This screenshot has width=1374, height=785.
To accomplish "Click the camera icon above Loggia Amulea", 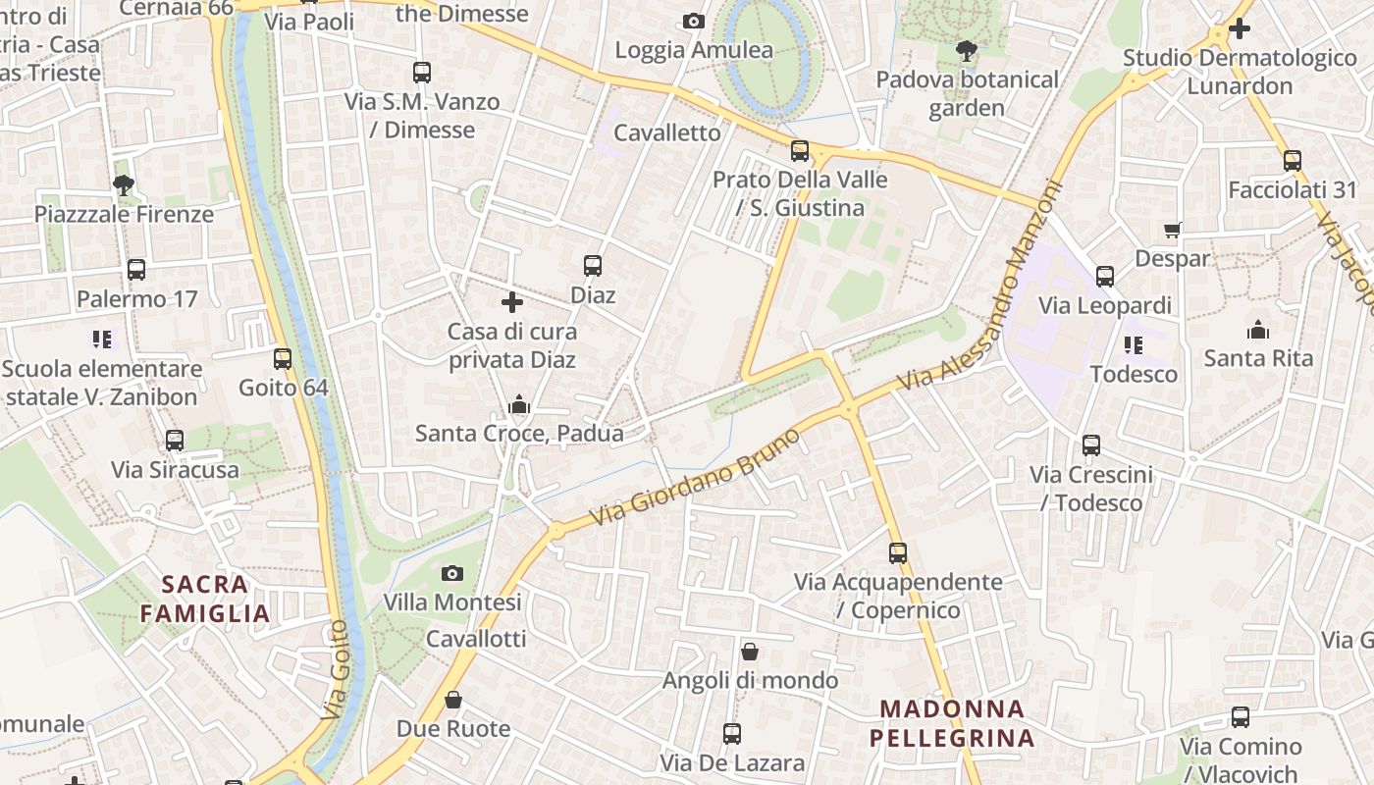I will coord(694,21).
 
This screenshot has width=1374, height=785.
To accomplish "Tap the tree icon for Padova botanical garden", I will coord(967,49).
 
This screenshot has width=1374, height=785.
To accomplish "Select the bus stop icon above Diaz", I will coord(593,265).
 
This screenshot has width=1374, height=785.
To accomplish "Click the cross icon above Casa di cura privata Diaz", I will coord(511,302).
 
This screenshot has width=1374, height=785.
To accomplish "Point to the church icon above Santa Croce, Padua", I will coord(519,403).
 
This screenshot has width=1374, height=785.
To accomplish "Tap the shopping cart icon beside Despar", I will coord(1173,230).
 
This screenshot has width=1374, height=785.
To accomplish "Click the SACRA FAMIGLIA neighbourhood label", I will coord(204,600).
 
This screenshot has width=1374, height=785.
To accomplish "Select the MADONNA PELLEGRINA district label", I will coord(952,723).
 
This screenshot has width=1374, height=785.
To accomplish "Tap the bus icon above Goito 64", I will coord(283,359).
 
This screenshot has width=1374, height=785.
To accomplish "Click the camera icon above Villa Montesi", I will coord(452,573).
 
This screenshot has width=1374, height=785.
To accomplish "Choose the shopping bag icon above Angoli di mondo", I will coord(750,652).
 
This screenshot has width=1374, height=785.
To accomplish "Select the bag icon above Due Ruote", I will coord(452,700).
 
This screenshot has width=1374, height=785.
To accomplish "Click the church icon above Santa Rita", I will coord(1258,330).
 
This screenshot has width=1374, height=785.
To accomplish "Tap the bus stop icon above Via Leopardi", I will coord(1105,277).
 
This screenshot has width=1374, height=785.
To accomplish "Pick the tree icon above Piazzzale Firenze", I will coord(124,184).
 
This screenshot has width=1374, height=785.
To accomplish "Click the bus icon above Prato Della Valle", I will coord(800,151).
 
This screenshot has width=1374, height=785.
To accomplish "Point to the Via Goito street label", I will coord(338,670).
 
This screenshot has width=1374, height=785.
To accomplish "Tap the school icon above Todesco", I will coord(1134,345).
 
